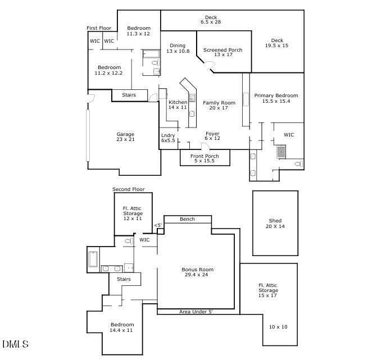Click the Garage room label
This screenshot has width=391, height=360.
point(125,137)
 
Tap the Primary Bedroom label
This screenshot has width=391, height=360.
point(276,99)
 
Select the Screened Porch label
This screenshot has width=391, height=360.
point(223,52)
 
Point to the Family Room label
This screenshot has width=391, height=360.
point(219,106)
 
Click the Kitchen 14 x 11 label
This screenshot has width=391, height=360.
point(178,105)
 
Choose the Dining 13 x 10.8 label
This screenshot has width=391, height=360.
point(178,48)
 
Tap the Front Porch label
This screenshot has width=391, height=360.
point(204,159)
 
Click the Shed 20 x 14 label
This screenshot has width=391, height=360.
point(275,224)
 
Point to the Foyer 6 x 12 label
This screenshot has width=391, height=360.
point(212,136)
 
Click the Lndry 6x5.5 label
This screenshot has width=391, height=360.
point(168,138)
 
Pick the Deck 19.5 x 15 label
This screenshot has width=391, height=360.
point(277,43)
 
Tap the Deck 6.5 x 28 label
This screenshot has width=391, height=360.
point(211,20)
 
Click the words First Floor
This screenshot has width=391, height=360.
point(99,28)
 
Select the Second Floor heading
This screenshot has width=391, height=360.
point(129,189)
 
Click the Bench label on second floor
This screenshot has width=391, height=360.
point(187,219)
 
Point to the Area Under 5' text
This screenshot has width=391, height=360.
point(196,311)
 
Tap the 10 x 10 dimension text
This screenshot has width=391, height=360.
point(278,327)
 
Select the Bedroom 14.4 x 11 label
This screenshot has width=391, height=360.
point(122,327)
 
